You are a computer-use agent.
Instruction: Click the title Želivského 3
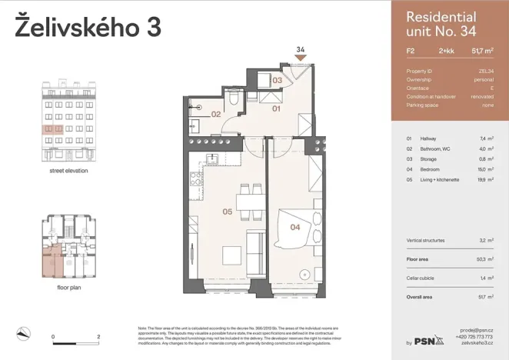(x=88, y=27)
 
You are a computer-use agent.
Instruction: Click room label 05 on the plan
(x=228, y=211)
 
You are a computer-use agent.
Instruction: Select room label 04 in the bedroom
(x=294, y=226)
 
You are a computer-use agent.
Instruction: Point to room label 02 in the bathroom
(x=216, y=115)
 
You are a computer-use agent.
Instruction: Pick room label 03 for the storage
(x=277, y=80)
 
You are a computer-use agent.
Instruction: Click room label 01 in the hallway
(x=277, y=109)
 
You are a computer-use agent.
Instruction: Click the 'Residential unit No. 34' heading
(x=441, y=24)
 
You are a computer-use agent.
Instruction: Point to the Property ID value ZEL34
(x=486, y=71)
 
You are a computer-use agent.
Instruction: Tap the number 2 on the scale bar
(x=98, y=337)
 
